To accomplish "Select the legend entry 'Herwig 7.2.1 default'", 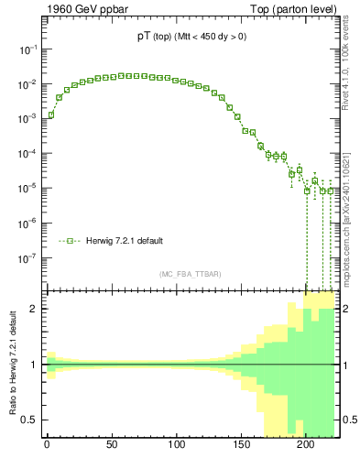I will (126, 241).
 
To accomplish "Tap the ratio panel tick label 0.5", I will (31, 420).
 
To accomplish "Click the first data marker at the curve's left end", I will (51, 115).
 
